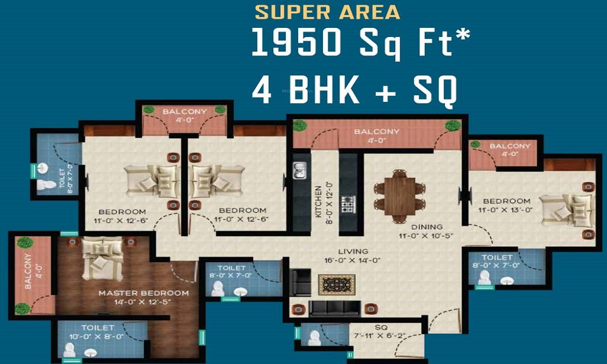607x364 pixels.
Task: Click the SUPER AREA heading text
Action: [327, 12]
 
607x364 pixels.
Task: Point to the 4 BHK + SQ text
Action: [354, 90]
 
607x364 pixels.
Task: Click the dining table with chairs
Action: [399, 196]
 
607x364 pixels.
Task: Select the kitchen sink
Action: [299, 171]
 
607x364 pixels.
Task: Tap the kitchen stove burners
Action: [348, 204]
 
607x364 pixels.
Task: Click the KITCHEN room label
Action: [318, 201]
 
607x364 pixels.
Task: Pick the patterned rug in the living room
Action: [336, 285]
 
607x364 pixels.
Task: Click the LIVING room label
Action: [352, 251]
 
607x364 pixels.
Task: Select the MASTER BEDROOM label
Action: [144, 293]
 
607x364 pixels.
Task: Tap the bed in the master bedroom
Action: [103, 258]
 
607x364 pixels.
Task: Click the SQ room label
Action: [381, 328]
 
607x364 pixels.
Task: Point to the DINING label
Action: [427, 227]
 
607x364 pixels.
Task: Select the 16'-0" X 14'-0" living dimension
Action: [352, 260]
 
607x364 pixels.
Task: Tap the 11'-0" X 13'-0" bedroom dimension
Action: [505, 210]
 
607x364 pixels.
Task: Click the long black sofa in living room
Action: [335, 308]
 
